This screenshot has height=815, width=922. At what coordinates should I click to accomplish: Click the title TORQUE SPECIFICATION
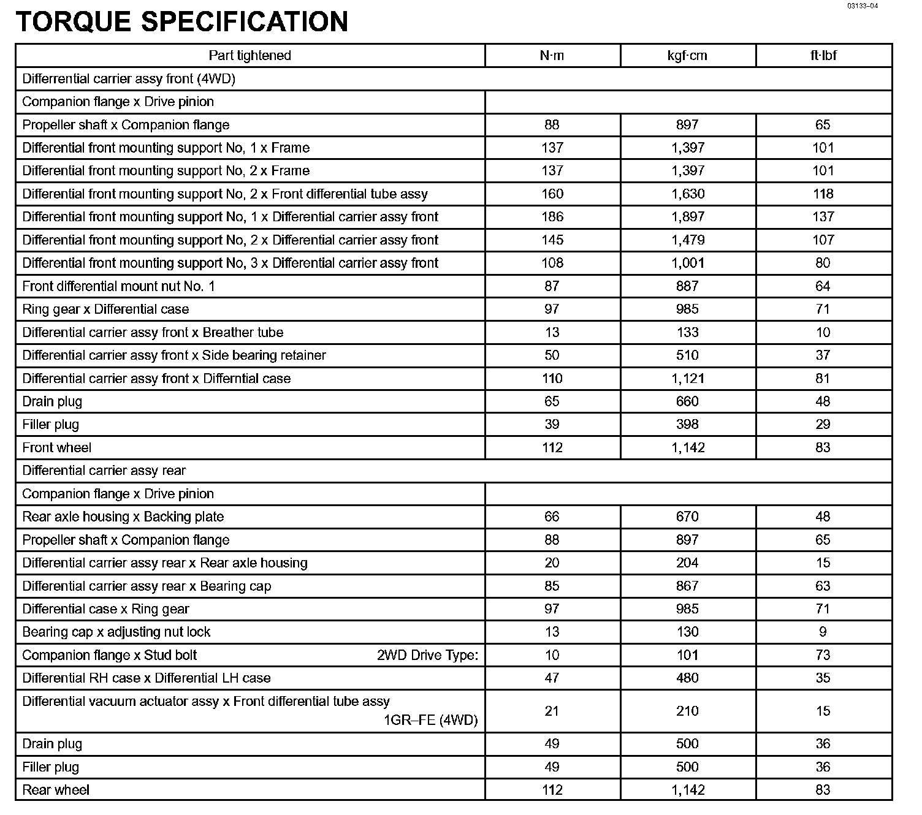click(x=181, y=21)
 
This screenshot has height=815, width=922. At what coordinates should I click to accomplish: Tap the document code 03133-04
click(x=863, y=6)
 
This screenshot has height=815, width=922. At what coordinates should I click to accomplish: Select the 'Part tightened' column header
click(x=250, y=56)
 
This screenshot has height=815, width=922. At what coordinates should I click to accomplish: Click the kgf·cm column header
click(x=687, y=56)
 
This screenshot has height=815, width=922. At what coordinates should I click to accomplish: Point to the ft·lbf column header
click(x=823, y=56)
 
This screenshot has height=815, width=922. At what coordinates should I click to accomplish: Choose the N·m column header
click(x=552, y=56)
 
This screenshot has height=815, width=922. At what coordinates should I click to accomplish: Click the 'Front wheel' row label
click(x=57, y=448)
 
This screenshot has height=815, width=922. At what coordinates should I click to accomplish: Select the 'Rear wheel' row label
click(x=56, y=790)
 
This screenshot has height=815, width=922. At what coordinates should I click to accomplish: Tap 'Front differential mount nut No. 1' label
click(x=118, y=286)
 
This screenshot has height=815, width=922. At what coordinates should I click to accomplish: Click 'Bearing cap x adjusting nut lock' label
click(x=116, y=632)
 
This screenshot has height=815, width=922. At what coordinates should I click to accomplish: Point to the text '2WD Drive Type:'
click(x=427, y=655)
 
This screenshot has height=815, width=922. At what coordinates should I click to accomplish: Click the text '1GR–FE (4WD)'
click(x=430, y=720)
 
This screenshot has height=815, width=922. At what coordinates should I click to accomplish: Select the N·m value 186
click(x=552, y=217)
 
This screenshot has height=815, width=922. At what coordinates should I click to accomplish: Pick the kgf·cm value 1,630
click(x=688, y=194)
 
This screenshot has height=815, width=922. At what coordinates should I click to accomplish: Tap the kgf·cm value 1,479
click(x=688, y=240)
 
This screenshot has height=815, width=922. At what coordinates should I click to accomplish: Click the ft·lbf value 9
click(x=823, y=632)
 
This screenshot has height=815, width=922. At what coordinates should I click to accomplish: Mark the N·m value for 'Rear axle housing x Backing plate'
click(x=552, y=517)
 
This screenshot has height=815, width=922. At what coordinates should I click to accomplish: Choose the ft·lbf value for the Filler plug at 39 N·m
click(x=823, y=425)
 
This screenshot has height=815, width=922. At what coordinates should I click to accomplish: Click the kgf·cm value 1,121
click(x=688, y=379)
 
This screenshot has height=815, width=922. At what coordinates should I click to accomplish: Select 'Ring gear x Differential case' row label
click(x=105, y=309)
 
